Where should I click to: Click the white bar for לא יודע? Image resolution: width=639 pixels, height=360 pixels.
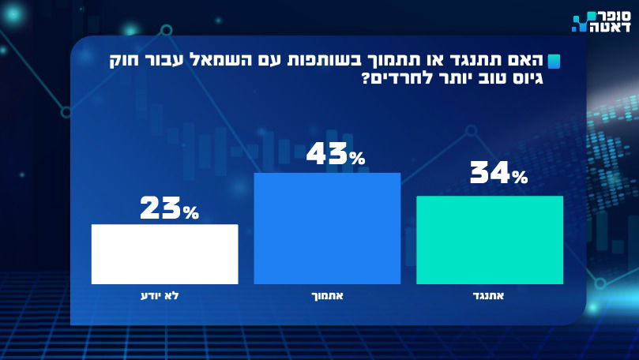point(164,253)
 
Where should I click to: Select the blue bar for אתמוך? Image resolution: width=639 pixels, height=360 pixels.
point(327,228)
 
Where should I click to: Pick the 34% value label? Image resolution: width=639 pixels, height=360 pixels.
point(498,173)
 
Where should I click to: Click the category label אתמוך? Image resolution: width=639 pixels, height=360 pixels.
point(327,296)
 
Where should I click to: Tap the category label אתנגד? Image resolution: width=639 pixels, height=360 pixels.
point(490,296)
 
